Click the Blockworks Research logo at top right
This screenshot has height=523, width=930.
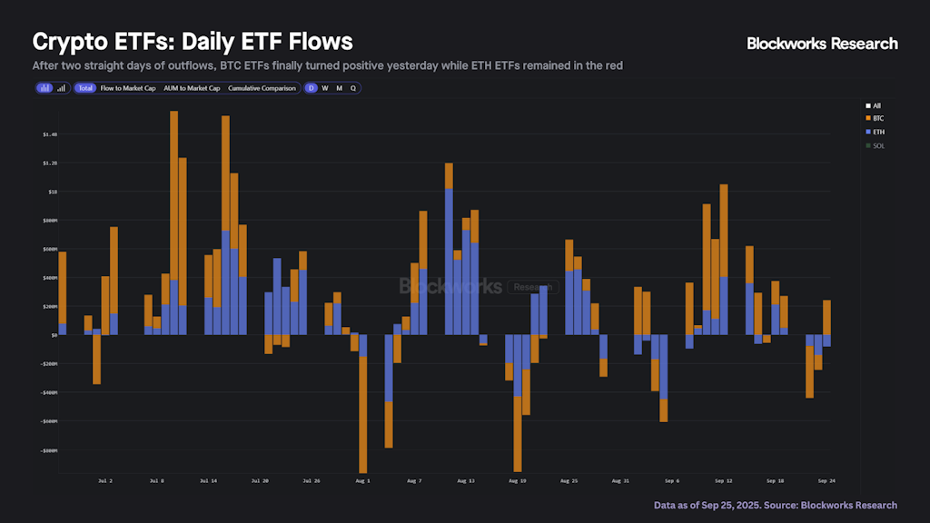coord(822,43)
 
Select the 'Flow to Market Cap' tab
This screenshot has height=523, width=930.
coord(127,88)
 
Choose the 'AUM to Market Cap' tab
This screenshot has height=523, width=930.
coord(192,88)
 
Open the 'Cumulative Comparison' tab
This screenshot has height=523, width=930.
coord(262,88)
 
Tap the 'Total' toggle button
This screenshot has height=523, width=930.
coord(85,88)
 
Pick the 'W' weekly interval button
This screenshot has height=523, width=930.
coord(325,88)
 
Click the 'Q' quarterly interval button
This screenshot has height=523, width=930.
coord(353,88)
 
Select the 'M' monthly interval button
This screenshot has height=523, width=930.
coord(339,88)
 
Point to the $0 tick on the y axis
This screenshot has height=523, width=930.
coord(54,335)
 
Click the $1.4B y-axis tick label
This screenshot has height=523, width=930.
coord(49,134)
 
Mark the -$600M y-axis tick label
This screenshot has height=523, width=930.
coord(48,421)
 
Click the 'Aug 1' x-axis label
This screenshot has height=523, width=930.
coord(362,479)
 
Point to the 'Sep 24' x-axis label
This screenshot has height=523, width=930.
coord(826,479)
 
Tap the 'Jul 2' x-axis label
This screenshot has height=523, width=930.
coord(104,479)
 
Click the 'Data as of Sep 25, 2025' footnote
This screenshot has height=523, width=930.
coord(775,505)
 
